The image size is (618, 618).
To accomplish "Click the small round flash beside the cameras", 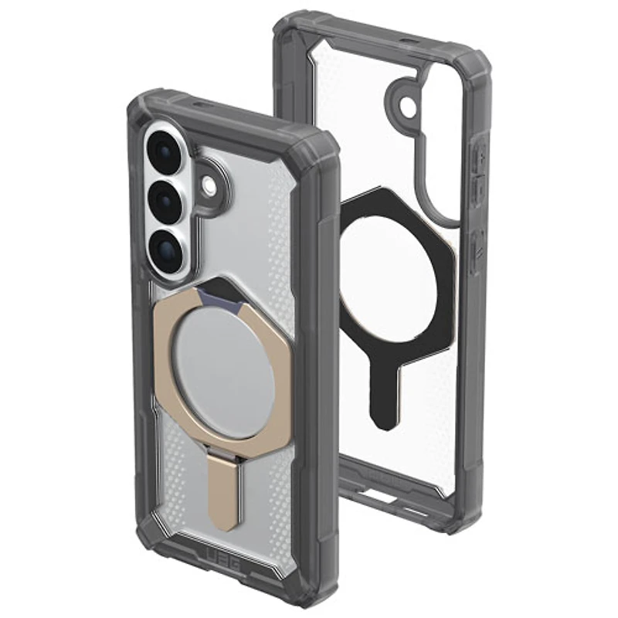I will tap(209, 185).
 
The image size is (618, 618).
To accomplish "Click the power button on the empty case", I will tap(477, 247).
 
